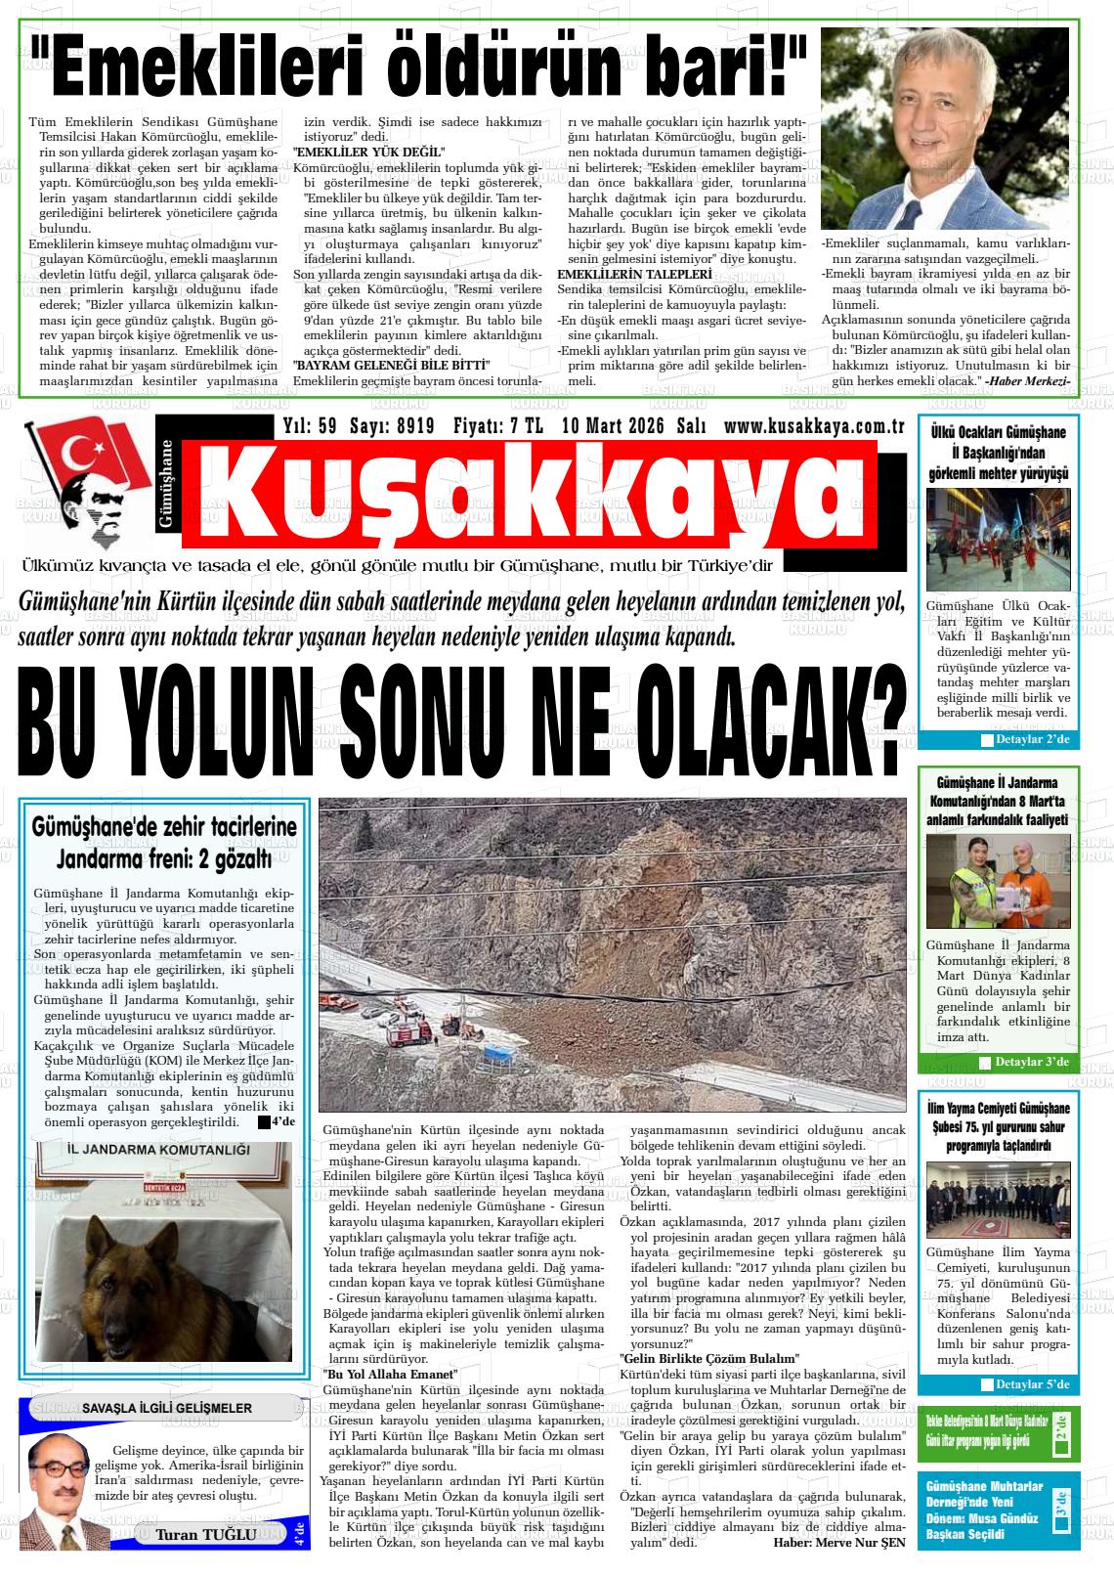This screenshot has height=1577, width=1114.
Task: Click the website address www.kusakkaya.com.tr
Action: (x=813, y=426)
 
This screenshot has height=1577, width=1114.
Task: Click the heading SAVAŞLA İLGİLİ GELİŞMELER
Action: (x=153, y=1409)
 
